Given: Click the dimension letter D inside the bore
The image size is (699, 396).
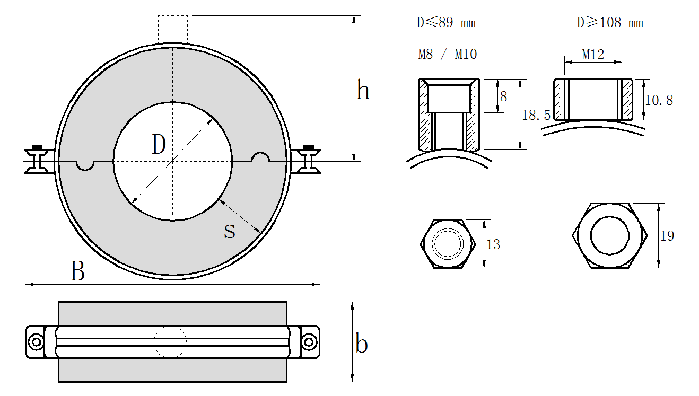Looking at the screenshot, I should click(x=159, y=145).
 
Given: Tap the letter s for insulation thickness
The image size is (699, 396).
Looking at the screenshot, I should click(x=229, y=231).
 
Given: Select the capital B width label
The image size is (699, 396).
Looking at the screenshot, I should click(x=77, y=271).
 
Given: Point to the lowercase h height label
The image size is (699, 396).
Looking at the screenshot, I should click(x=363, y=91).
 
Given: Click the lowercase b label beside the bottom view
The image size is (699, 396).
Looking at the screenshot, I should click(x=361, y=344).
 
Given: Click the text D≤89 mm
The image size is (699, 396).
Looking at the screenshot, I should click(x=446, y=23).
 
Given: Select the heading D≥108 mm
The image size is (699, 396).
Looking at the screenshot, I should click(x=609, y=23).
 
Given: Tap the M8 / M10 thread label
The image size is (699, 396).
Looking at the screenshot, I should click(x=447, y=54).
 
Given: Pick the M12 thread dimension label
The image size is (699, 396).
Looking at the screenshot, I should click(x=593, y=55).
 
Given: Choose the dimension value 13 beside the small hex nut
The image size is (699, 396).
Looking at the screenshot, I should click(x=493, y=244).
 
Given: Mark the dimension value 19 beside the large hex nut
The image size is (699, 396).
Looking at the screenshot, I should click(x=667, y=236).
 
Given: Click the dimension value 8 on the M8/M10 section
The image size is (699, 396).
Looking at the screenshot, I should click(x=503, y=96).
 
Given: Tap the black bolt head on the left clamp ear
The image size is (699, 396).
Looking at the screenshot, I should click(x=37, y=147).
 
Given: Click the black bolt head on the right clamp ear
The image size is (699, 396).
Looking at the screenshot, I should click(x=308, y=147).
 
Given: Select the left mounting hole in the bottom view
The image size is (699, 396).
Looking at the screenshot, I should click(x=36, y=342).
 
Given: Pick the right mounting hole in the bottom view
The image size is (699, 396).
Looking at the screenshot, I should click(x=308, y=342).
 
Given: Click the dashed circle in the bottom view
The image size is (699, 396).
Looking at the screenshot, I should click(x=170, y=342).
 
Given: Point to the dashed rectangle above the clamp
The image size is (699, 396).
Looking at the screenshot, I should click(x=172, y=29).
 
